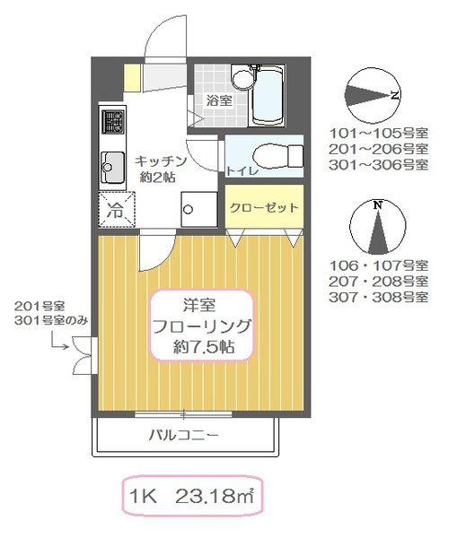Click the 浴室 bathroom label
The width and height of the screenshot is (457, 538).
pos(219,100)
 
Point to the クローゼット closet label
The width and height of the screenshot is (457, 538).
pos(263,207)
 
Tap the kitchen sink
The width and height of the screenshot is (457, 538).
pos(113,165)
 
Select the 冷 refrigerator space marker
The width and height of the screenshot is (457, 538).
pos(116,212)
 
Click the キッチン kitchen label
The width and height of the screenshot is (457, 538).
pos(161,161)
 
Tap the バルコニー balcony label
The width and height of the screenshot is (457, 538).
pos(184,437)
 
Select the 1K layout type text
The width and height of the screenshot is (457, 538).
pos(145,494)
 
